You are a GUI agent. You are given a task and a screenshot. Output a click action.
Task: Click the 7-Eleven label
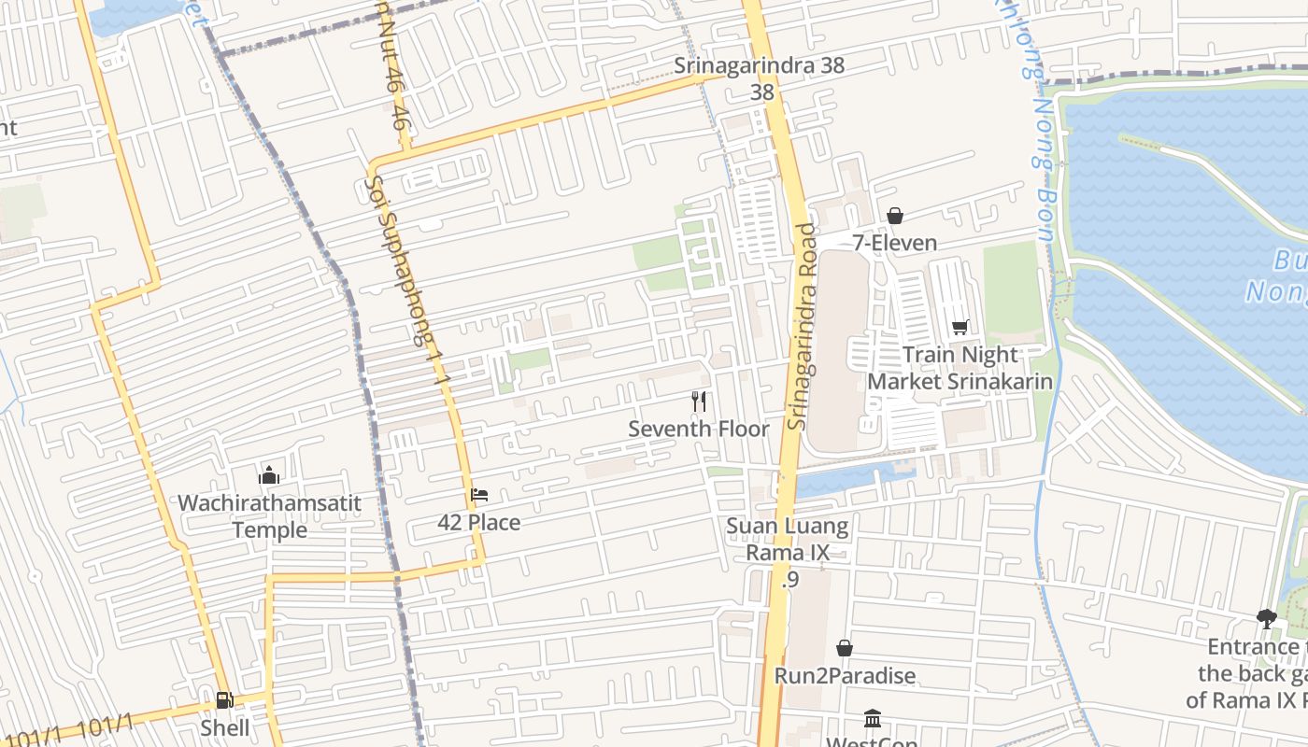click(894, 243)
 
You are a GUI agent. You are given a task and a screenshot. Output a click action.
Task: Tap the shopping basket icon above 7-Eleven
click(894, 216)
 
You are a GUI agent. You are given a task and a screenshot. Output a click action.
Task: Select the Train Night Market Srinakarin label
click(960, 368)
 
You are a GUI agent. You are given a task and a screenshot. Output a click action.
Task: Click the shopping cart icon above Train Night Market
click(960, 327)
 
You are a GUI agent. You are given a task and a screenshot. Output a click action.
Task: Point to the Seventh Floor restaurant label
click(699, 430)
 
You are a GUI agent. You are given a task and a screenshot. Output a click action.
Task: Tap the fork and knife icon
click(699, 402)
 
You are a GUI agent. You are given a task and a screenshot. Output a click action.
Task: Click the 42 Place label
click(479, 523)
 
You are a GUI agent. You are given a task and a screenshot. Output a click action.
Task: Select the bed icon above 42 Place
click(479, 494)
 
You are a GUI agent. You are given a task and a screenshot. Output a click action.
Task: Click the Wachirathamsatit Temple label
click(269, 516)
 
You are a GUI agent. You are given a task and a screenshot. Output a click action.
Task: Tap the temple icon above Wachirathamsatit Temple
click(269, 475)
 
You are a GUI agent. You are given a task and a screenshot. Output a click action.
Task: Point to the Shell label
click(225, 727)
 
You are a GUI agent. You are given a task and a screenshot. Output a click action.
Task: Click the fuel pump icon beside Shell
click(224, 699)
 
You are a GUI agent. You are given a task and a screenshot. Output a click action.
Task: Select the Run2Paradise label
click(845, 675)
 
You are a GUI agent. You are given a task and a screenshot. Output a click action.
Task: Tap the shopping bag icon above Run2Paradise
click(845, 647)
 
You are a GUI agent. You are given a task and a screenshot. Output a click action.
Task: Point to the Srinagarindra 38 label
click(760, 66)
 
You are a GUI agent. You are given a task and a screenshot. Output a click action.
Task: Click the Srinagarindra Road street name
click(802, 327)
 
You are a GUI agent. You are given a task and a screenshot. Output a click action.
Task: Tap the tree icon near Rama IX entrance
click(1266, 618)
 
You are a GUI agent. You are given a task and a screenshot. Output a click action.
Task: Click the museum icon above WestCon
click(873, 718)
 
